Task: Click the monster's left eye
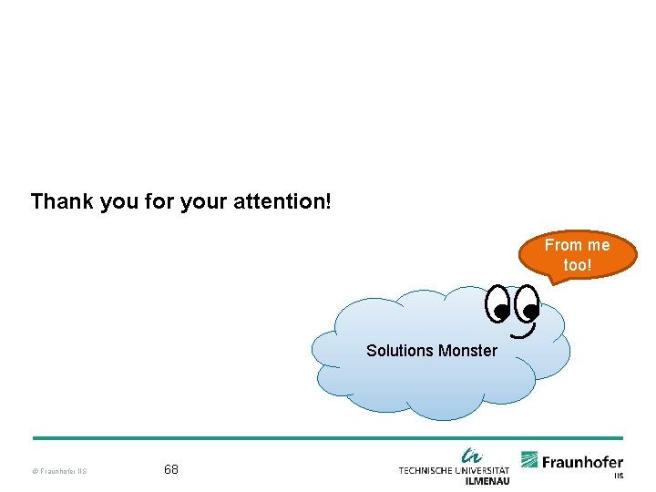click(x=498, y=305)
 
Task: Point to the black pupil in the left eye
click(x=501, y=313)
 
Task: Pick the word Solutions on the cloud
click(x=400, y=351)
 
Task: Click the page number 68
click(x=171, y=470)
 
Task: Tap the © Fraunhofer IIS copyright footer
click(x=59, y=471)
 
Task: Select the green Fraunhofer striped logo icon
click(x=529, y=460)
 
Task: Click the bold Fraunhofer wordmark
click(x=583, y=462)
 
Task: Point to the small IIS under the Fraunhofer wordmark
click(x=618, y=476)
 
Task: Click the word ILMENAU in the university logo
click(x=487, y=480)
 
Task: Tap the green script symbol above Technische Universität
click(x=471, y=455)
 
